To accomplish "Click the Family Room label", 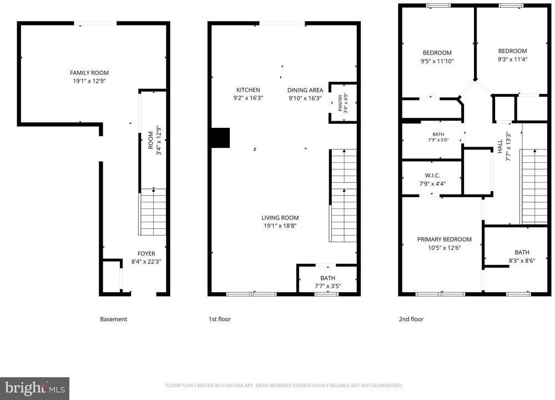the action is click(89, 73).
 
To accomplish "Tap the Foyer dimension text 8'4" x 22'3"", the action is click(146, 262).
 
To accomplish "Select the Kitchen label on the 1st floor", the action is click(248, 90).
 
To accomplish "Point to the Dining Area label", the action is click(305, 90).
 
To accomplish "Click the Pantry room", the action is click(343, 103).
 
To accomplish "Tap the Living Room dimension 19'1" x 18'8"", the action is click(280, 226).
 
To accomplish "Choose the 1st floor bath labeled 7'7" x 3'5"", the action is click(327, 279).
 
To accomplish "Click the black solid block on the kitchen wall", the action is click(220, 138).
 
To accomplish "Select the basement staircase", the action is click(153, 212).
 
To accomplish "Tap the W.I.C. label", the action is click(432, 176).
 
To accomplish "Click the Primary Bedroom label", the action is click(444, 239).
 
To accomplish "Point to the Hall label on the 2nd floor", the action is click(500, 146).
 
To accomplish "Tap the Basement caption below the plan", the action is click(113, 319).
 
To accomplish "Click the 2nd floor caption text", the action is click(411, 319).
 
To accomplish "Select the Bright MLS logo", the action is click(34, 389).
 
